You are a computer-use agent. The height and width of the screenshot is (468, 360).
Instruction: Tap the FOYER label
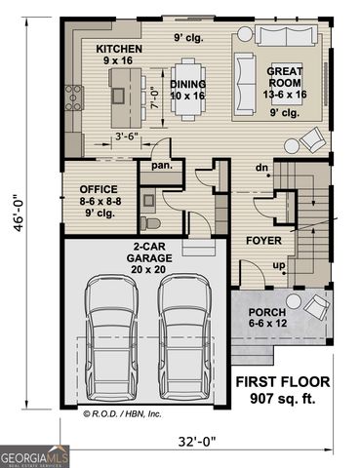point(263,240)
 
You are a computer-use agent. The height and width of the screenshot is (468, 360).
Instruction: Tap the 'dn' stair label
point(260,167)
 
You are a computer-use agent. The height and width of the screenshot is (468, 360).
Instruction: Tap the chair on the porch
point(315,308)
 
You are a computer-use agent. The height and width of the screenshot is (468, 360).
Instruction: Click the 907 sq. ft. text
point(282,398)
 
